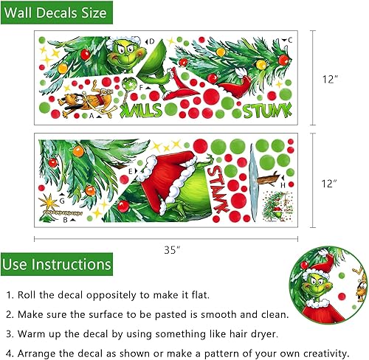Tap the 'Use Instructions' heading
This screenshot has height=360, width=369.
click(x=56, y=264)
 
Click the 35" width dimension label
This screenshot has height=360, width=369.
click(x=172, y=249)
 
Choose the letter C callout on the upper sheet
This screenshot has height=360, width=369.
click(x=290, y=40)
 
